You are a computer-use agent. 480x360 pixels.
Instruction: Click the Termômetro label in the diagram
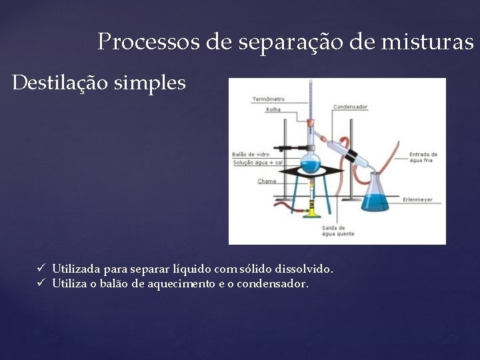click(x=268, y=99)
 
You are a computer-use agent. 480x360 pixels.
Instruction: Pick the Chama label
click(x=267, y=181)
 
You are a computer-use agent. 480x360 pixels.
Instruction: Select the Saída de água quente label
click(x=338, y=231)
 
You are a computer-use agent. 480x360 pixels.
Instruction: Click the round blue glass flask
click(x=310, y=162)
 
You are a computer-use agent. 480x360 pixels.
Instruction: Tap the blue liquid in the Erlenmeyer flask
click(x=375, y=201)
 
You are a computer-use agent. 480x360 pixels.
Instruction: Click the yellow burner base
click(x=311, y=213)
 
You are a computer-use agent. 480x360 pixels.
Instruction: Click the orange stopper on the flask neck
click(x=310, y=123)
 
